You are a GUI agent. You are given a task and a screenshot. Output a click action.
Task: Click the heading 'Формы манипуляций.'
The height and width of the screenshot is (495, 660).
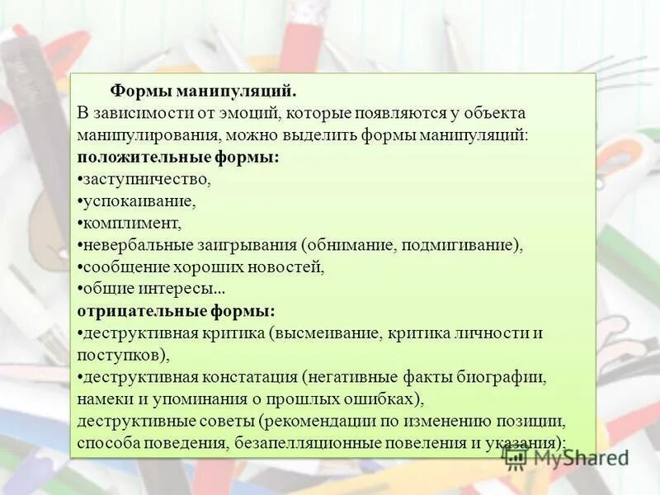pyautogui.click(x=203, y=90)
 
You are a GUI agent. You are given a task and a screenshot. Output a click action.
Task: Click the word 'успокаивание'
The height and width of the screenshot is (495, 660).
pyautogui.click(x=139, y=200)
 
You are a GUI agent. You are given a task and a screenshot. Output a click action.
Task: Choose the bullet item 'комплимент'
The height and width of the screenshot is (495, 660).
pyautogui.click(x=131, y=223)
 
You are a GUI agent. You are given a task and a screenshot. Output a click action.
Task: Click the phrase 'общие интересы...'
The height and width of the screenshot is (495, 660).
pyautogui.click(x=153, y=290)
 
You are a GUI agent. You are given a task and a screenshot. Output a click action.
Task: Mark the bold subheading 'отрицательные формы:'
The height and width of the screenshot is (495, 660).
pyautogui.click(x=177, y=312)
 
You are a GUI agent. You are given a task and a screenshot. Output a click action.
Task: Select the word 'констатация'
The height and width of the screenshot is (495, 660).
pyautogui.click(x=249, y=378)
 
